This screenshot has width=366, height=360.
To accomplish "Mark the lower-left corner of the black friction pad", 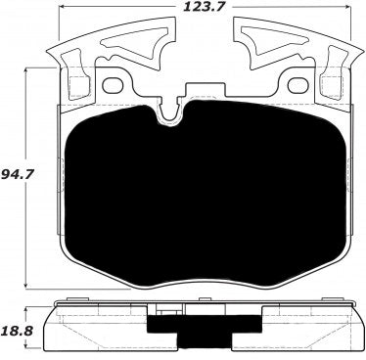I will click(83, 256).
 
